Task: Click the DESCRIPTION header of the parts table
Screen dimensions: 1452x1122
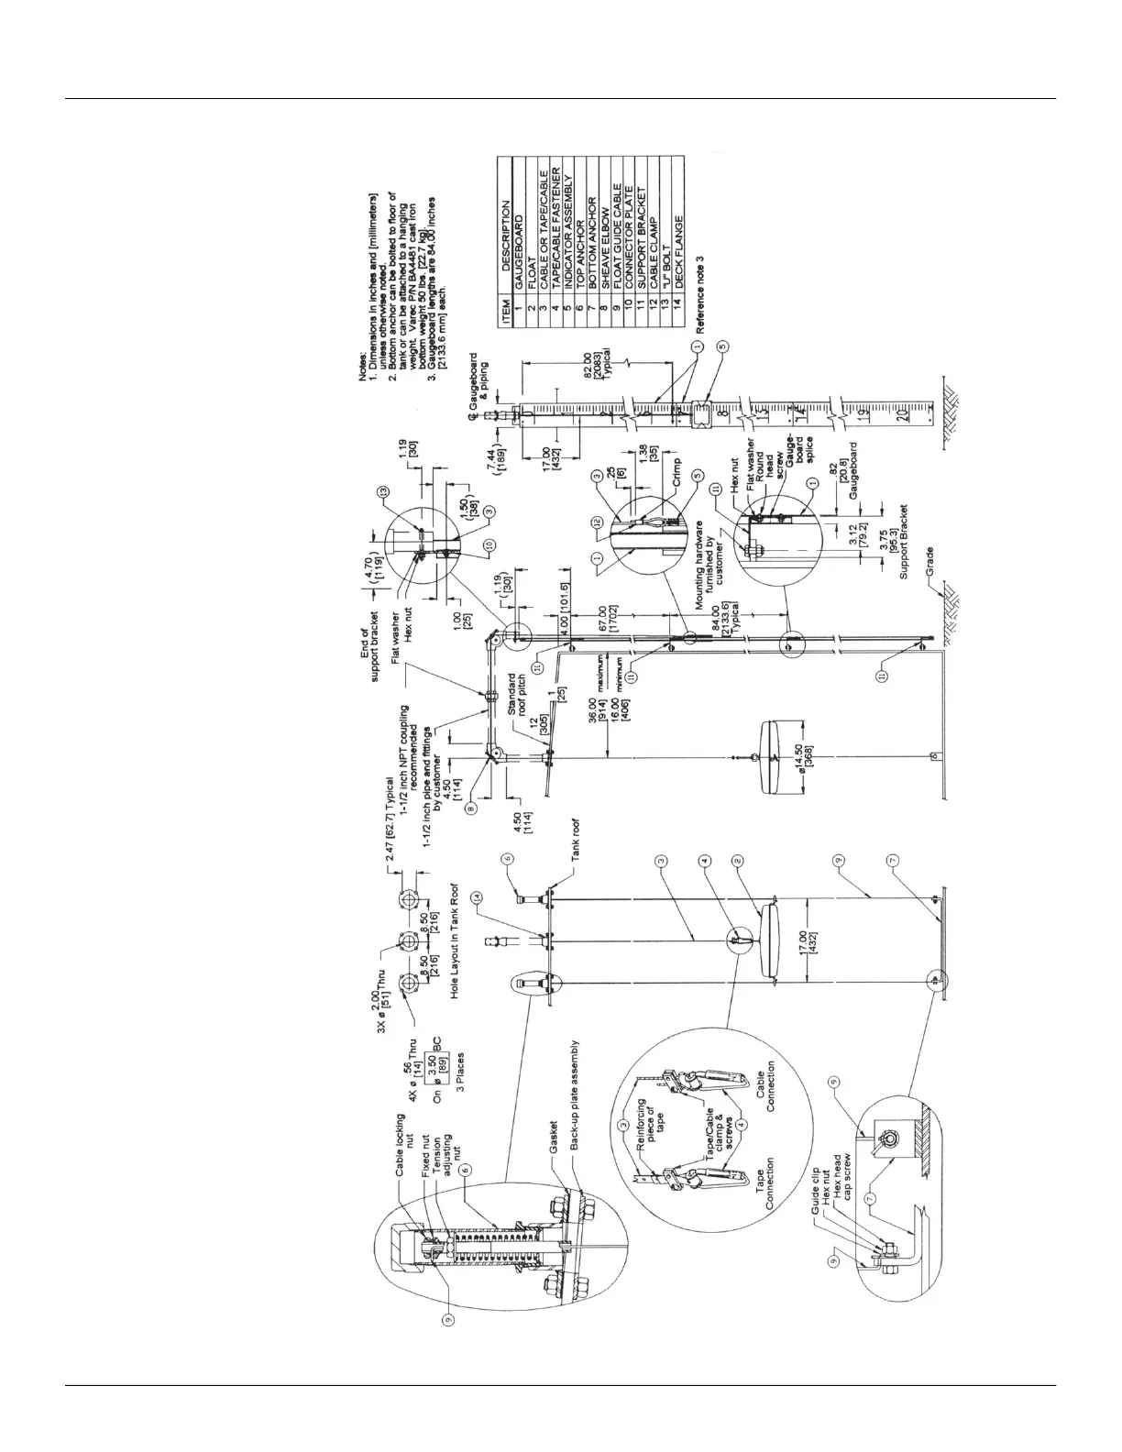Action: click(506, 242)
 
